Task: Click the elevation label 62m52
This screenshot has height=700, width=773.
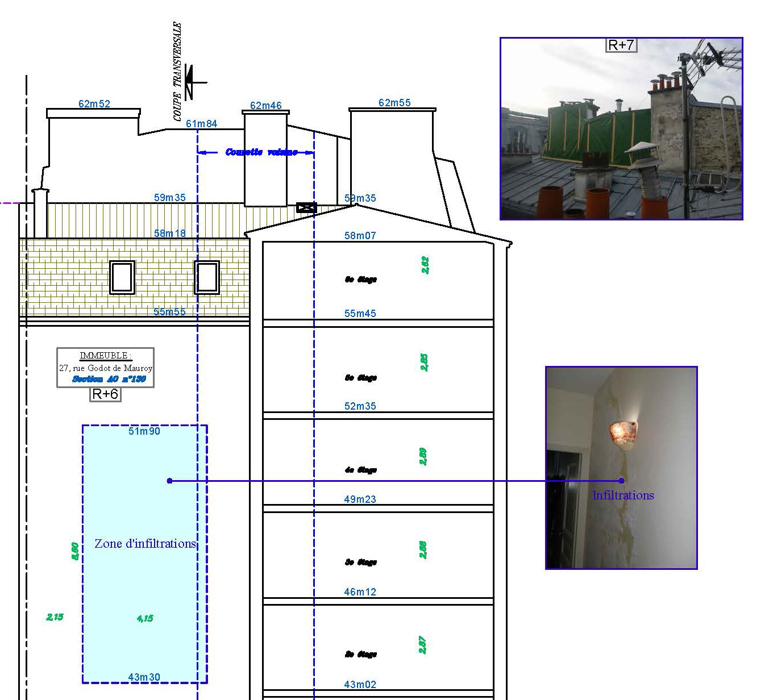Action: coord(94,104)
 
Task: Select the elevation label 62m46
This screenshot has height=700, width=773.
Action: coord(266,106)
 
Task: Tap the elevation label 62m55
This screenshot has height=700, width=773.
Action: coord(394,103)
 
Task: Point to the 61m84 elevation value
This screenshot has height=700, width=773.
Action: coord(202,124)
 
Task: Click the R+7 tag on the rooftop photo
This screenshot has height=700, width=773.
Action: coord(621,45)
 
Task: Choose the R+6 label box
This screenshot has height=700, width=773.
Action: coord(105,394)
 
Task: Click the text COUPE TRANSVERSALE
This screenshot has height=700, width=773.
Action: coord(178,71)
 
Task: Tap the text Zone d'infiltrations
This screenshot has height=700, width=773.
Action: coord(145,544)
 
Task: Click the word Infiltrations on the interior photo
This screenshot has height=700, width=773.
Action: coord(623,495)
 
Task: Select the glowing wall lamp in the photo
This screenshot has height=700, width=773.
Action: coord(622,432)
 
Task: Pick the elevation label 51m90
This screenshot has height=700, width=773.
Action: coord(144,431)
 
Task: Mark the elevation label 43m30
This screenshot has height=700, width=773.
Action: coord(144,677)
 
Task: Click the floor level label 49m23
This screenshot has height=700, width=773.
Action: coord(360,499)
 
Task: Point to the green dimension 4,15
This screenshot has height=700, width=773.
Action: coord(145,618)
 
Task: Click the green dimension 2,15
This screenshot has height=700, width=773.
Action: coord(55,617)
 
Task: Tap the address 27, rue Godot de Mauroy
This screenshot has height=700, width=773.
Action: coord(106,368)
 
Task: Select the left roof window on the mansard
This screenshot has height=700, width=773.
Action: coord(122,277)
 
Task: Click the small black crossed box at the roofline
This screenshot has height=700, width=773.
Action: coord(306,207)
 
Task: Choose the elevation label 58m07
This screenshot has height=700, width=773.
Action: coord(360,236)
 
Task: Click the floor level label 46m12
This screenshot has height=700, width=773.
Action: coord(360,592)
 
